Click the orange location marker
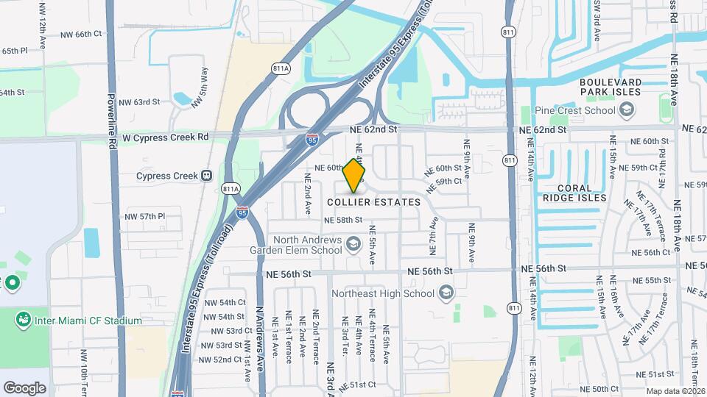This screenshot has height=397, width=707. click(354, 175)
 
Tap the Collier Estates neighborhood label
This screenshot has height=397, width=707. click(373, 202)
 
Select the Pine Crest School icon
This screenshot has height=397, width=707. click(627, 111)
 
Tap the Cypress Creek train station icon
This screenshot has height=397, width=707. click(208, 176)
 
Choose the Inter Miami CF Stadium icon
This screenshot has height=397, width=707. click(23, 321)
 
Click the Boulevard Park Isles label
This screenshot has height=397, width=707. click(620, 87)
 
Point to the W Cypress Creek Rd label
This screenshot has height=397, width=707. click(166, 137)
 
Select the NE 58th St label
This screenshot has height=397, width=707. click(343, 220)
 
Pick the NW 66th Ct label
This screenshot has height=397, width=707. click(80, 34)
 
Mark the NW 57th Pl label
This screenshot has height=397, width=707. click(145, 217)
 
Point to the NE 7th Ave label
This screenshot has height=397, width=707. click(434, 235)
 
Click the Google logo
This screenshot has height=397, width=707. click(24, 387)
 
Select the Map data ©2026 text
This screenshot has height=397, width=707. click(675, 391)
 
